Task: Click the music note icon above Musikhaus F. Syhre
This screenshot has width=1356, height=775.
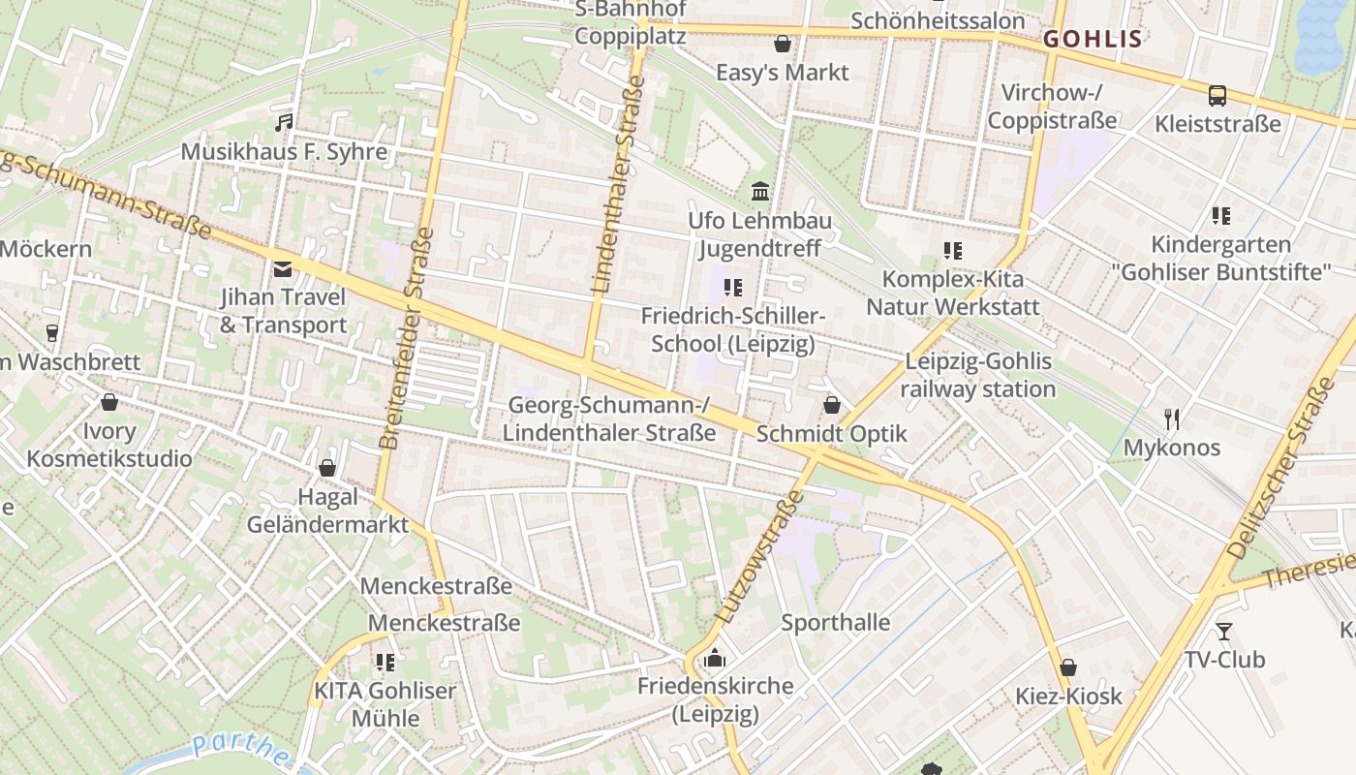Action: (283, 123)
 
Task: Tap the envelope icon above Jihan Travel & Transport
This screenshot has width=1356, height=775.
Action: (283, 268)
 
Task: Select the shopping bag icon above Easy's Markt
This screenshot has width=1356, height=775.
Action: (782, 44)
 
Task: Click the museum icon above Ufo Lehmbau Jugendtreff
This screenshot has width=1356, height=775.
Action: (760, 191)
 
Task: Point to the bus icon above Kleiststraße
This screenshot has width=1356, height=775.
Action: (1217, 96)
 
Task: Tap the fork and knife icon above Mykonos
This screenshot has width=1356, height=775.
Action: (1172, 419)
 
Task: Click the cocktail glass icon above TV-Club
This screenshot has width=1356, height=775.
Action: (1224, 632)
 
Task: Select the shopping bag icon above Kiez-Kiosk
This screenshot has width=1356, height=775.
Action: (1067, 667)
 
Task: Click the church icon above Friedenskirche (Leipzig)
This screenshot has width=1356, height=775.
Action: (715, 658)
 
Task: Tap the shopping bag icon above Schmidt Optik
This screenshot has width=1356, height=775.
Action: (831, 405)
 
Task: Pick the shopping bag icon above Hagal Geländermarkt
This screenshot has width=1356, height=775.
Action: (327, 469)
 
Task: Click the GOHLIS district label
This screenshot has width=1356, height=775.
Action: (1093, 40)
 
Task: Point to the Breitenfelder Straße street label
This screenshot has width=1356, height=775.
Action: (405, 338)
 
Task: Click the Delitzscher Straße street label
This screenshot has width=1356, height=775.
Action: (1280, 470)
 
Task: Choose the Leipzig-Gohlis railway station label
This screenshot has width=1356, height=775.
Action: (978, 375)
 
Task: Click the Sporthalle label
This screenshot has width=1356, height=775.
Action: (835, 622)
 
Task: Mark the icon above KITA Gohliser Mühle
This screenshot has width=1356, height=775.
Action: (385, 663)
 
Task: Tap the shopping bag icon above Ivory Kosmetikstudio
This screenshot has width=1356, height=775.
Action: (109, 402)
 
